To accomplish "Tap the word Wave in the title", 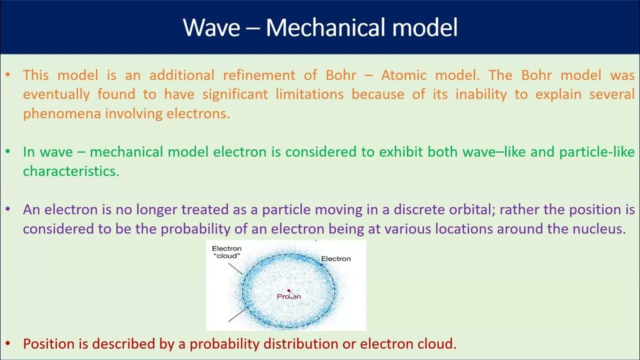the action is click(x=211, y=27).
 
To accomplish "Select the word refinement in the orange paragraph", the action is click(x=259, y=75).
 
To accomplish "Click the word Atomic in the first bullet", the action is click(x=403, y=75).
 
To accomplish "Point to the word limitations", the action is click(x=309, y=94).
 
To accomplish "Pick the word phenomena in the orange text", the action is click(x=62, y=114).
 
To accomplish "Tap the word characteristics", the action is click(x=71, y=171).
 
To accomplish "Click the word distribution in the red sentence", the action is click(x=300, y=343).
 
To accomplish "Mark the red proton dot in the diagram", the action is click(x=288, y=290).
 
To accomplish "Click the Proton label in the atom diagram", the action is click(x=289, y=296).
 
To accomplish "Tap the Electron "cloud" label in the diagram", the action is click(x=227, y=252).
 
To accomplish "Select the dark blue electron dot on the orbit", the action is click(x=322, y=265).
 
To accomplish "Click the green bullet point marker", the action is click(x=7, y=151).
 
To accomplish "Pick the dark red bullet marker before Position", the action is click(x=7, y=343).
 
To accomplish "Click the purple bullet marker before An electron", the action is click(x=7, y=209).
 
